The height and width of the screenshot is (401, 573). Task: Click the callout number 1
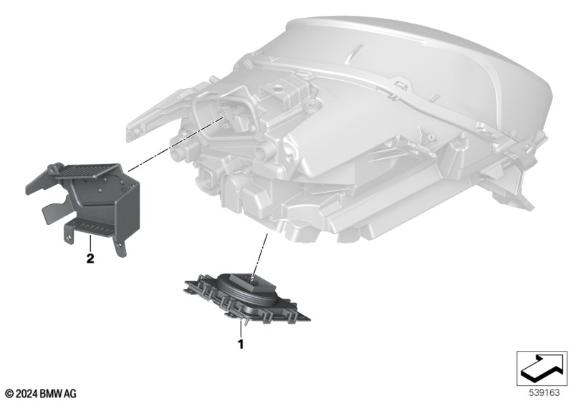coord(241,344)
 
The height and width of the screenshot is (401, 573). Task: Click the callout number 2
coord(90,259)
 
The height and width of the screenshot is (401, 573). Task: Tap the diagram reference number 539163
coord(544,393)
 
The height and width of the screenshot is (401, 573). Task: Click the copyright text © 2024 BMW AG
coord(42,394)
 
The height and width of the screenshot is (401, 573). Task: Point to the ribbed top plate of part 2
coord(87,171)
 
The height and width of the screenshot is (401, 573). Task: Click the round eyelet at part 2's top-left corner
coord(54,168)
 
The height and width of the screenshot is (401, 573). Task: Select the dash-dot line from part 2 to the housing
coord(175,144)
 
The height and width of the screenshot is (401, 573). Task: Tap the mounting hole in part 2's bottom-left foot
coord(69,238)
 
